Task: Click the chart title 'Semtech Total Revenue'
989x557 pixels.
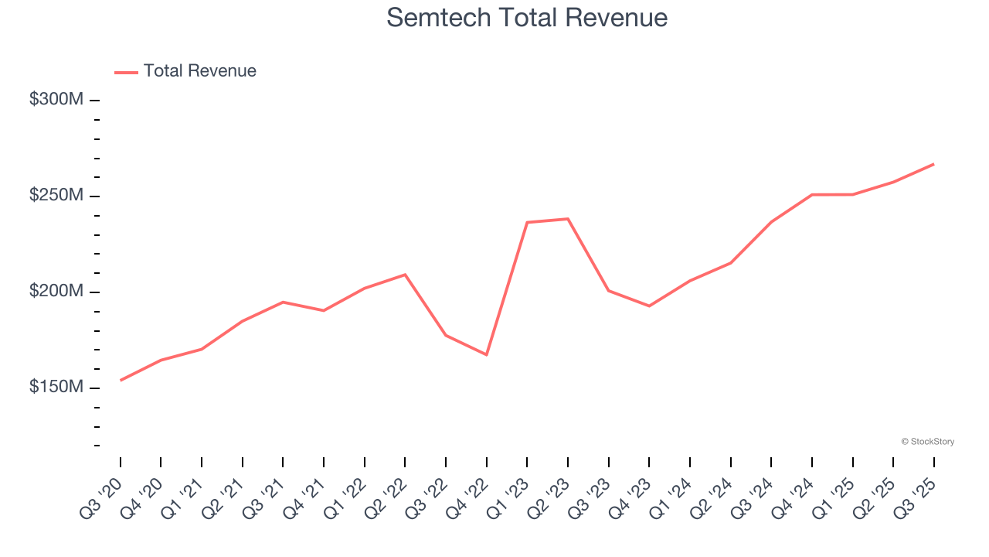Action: coord(527,17)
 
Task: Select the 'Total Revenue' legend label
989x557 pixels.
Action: coord(199,71)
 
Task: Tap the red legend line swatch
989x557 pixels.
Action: coord(126,72)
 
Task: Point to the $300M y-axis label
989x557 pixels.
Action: coord(56,100)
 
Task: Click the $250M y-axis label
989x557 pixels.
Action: coord(56,196)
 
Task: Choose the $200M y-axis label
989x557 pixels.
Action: coord(56,292)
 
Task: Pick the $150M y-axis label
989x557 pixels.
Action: coord(56,387)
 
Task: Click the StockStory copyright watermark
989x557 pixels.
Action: coord(927,442)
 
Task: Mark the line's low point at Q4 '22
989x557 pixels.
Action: coord(487,354)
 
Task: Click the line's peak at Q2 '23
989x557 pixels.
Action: coord(568,219)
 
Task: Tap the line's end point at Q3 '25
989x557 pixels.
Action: coord(933,164)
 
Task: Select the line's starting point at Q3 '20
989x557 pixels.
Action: coord(121,380)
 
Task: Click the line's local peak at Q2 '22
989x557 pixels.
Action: coord(405,275)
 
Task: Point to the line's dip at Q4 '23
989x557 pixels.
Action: coord(649,306)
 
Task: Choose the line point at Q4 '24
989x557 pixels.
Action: coord(812,195)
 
